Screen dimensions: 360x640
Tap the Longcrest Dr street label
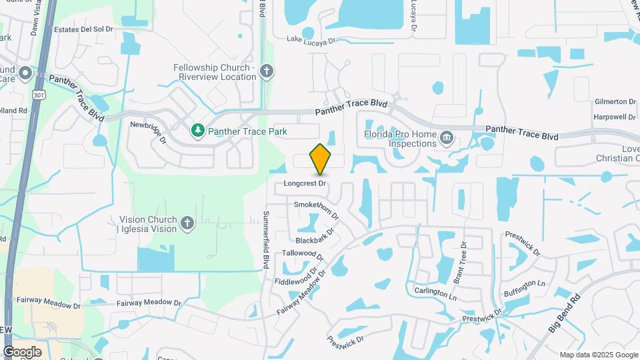304,183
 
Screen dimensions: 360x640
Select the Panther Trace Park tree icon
197,131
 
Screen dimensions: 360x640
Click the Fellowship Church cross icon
267,71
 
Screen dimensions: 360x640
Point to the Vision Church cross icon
187,223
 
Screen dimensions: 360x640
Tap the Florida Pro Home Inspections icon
447,139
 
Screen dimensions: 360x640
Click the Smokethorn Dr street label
317,210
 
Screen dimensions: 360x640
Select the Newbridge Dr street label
149,132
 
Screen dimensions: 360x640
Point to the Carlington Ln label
436,291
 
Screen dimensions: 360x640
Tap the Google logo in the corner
22,351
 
